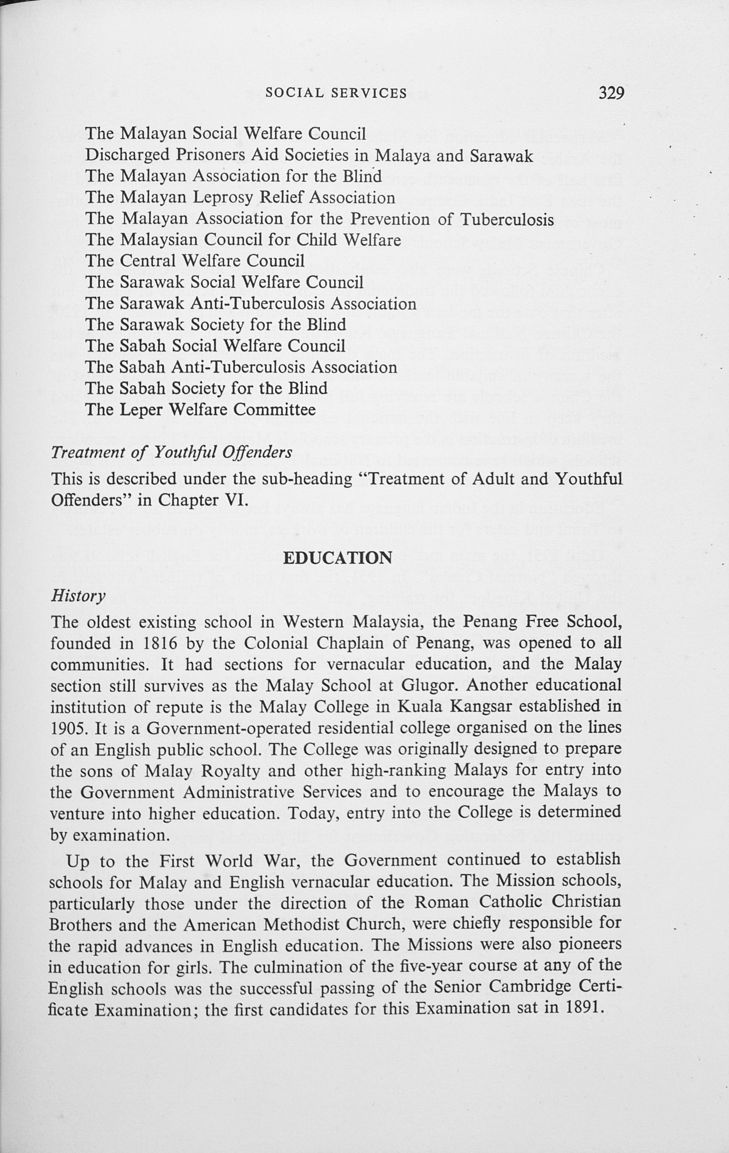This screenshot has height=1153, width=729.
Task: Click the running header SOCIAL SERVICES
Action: [x=336, y=93]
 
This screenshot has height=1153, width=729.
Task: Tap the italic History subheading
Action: [x=78, y=595]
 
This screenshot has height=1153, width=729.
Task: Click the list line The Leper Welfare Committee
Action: [x=201, y=410]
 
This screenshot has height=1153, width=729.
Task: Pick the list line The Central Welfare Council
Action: [x=195, y=261]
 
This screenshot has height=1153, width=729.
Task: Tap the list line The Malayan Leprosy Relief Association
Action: [x=240, y=197]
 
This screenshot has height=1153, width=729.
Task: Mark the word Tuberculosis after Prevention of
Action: [x=507, y=219]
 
